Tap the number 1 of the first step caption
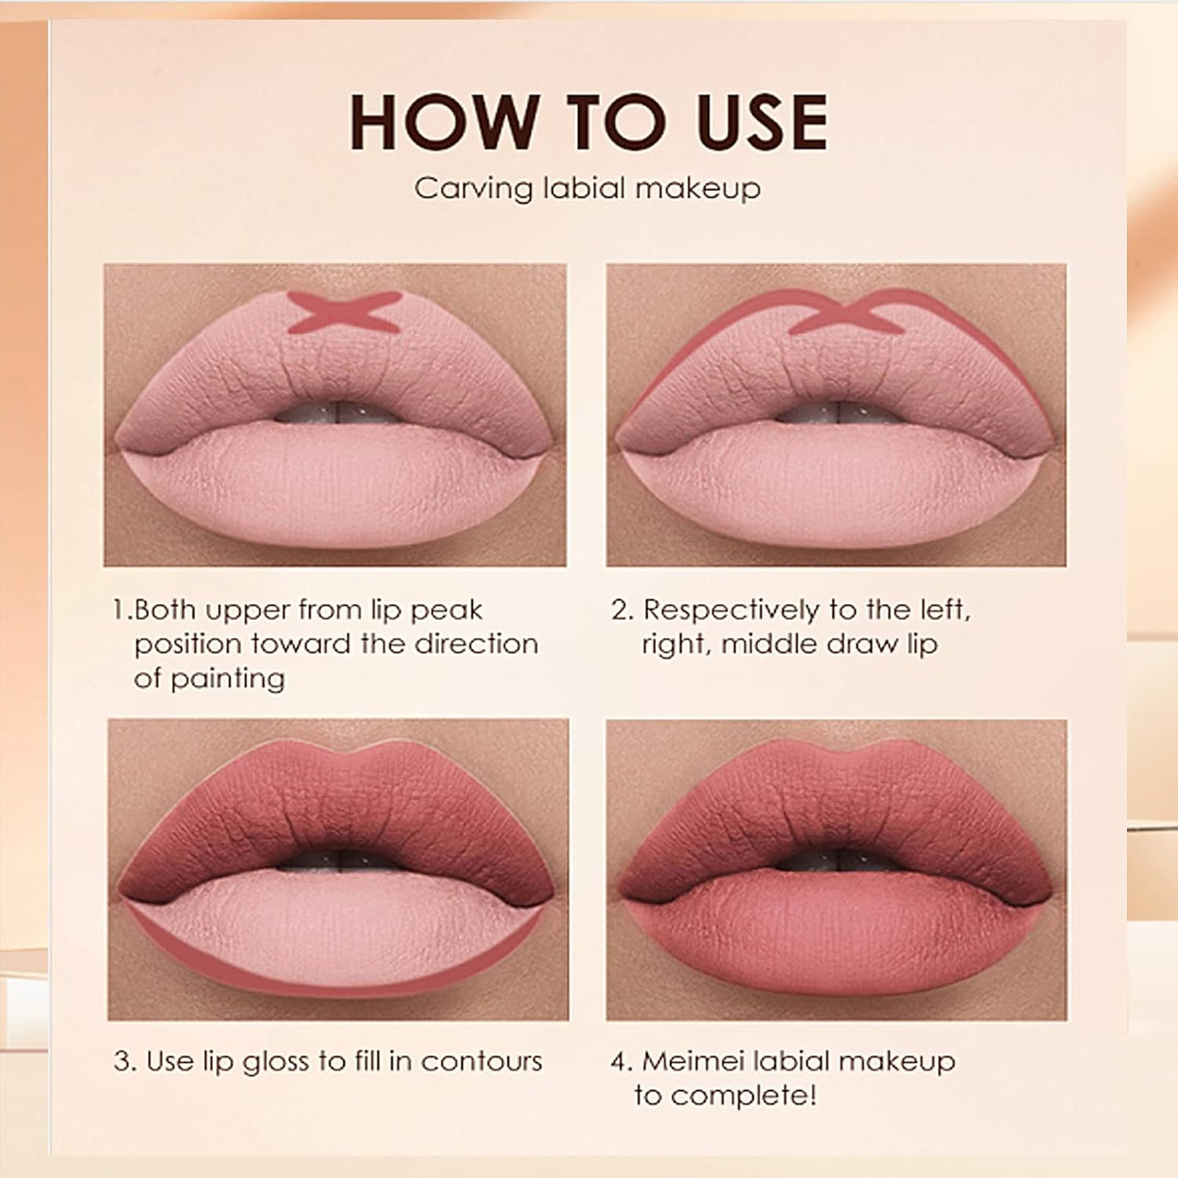point(119,610)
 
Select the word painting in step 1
point(228,679)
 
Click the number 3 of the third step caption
point(121,1062)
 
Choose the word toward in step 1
point(288,645)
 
